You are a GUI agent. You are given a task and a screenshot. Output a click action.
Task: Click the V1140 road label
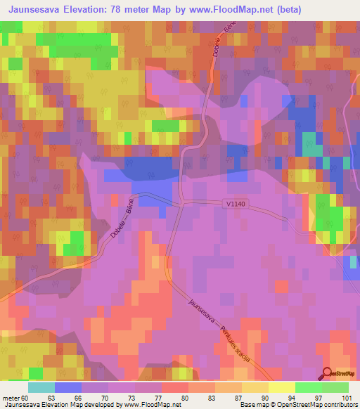(x=238, y=203)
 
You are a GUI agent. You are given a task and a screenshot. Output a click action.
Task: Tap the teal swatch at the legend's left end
(x=41, y=387)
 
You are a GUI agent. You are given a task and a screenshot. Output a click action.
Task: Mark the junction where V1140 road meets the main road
(x=181, y=204)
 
